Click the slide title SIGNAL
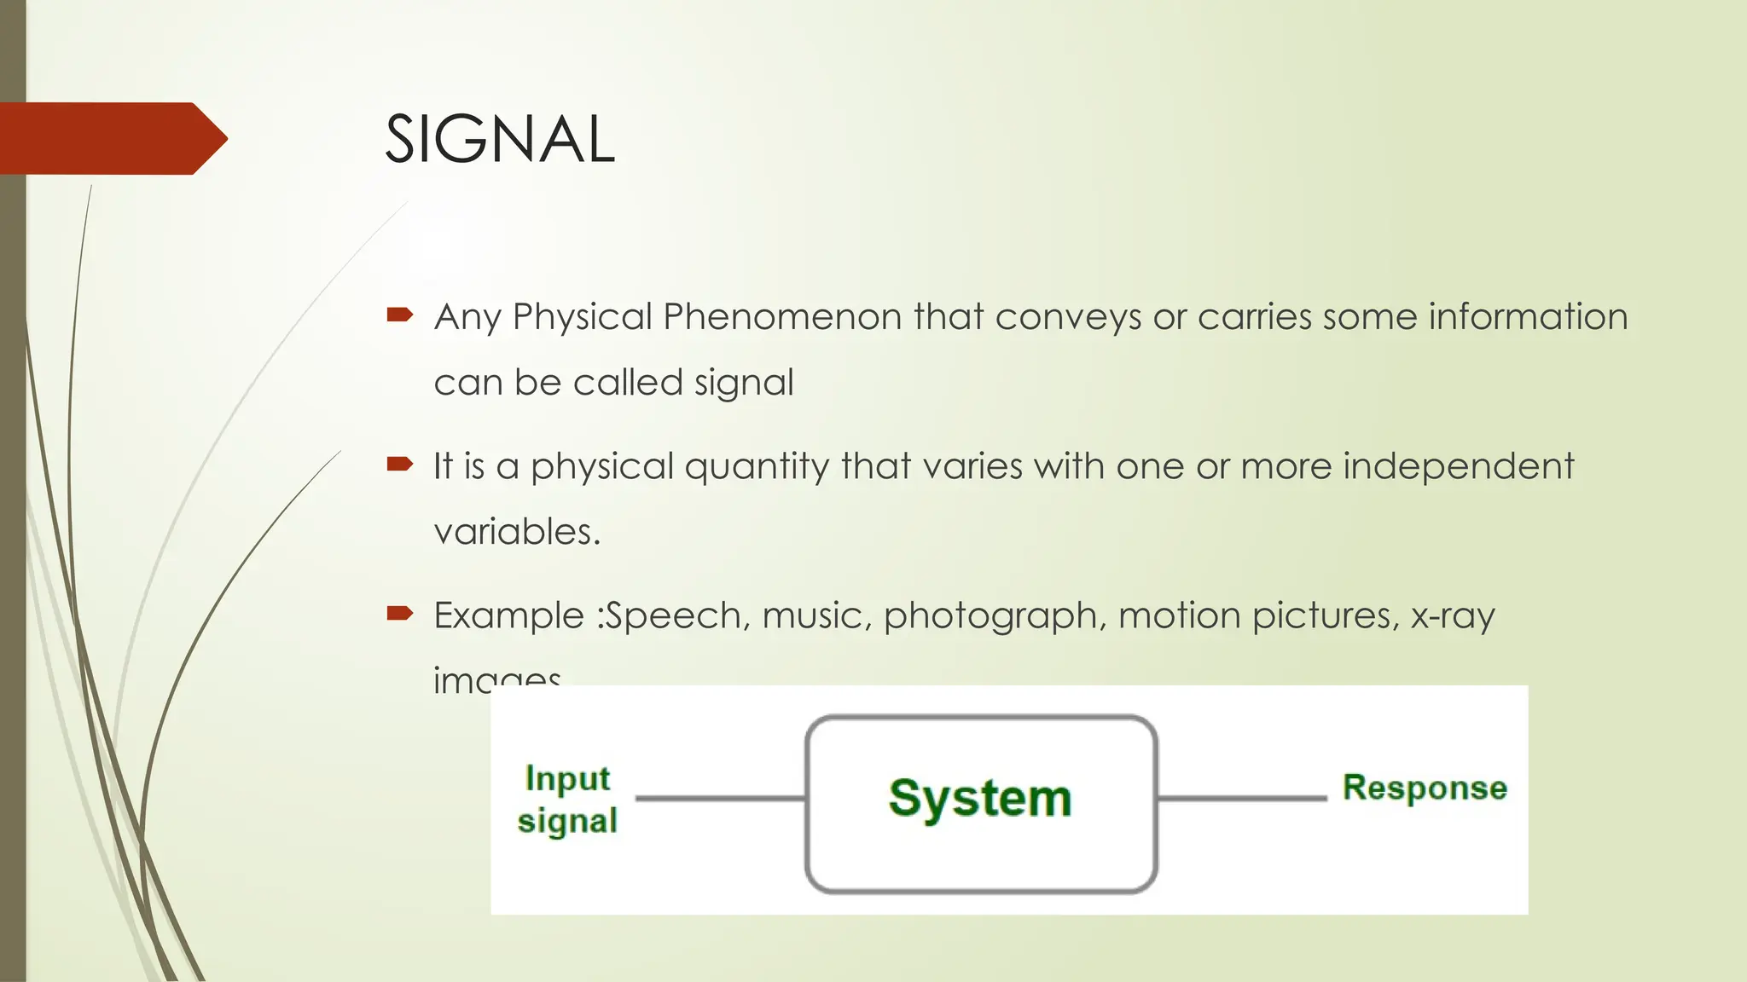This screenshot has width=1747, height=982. (x=499, y=140)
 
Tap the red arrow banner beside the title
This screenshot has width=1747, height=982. (x=111, y=138)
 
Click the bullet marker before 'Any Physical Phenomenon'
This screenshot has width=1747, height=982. (x=399, y=315)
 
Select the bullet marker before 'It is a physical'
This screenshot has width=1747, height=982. (x=399, y=465)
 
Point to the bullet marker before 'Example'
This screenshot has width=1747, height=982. (x=399, y=613)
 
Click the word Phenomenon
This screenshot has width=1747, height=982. (x=782, y=317)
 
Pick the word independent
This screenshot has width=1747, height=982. (x=1458, y=466)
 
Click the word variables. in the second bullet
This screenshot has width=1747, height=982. (x=517, y=532)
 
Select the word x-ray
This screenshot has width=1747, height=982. (x=1452, y=616)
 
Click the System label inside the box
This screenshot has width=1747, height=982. (x=980, y=799)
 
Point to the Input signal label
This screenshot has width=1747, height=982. (x=567, y=800)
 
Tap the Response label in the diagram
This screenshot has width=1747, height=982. (x=1425, y=788)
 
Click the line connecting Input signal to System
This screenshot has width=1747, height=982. (x=721, y=799)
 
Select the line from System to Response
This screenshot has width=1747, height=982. (x=1242, y=799)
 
